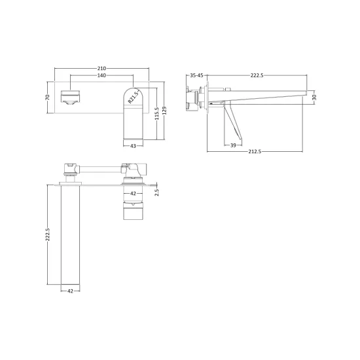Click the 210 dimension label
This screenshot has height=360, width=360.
point(101,69)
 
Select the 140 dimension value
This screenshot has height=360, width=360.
point(101,75)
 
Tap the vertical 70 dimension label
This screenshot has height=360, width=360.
point(48,97)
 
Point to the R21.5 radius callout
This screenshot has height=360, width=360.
point(133,97)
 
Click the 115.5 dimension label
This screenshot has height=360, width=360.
point(157,113)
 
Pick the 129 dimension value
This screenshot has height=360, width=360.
point(164,111)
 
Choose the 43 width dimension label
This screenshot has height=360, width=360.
point(133,145)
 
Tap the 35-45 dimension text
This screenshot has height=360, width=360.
point(197,75)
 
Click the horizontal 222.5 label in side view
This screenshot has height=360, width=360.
point(257,75)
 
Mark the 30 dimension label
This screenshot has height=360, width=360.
point(315,97)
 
